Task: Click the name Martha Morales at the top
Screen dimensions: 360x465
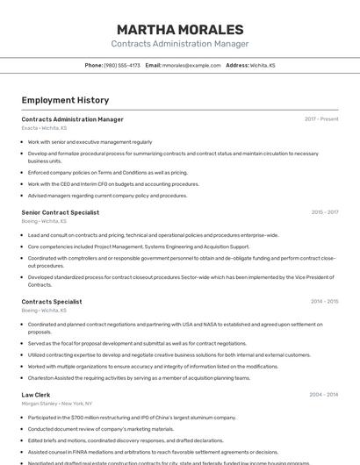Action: (x=180, y=30)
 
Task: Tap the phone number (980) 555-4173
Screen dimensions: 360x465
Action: (x=122, y=65)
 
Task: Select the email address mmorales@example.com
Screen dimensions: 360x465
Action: (x=191, y=65)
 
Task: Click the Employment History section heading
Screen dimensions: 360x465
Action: (x=65, y=100)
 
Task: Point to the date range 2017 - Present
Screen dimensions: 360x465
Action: (x=321, y=119)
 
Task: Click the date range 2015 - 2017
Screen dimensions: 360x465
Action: (x=324, y=212)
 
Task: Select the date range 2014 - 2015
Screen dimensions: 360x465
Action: (x=324, y=302)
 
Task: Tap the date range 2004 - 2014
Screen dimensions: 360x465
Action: (x=324, y=395)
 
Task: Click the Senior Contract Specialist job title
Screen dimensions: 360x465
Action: (x=60, y=212)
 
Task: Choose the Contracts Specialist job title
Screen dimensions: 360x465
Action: (x=52, y=302)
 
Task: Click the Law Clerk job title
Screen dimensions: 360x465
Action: (x=36, y=395)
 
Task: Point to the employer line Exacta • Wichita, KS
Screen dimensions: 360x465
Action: (x=44, y=128)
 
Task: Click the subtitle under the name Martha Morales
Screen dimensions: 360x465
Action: (x=180, y=44)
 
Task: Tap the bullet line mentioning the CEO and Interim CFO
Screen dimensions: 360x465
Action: (x=113, y=184)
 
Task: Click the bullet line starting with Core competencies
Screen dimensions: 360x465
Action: (x=132, y=247)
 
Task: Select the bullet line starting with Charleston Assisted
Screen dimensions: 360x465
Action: (x=139, y=378)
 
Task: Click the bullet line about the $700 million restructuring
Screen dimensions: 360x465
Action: (x=132, y=418)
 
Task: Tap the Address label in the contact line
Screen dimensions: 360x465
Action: (x=237, y=65)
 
